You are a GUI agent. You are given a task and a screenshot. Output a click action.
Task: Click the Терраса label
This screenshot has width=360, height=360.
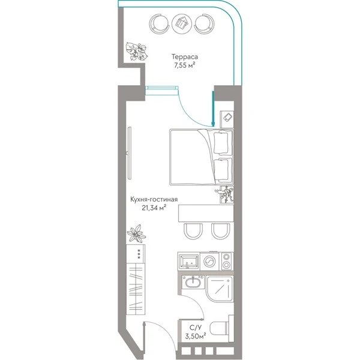pos(185,57)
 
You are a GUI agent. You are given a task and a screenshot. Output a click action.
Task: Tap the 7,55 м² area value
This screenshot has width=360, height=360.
pos(185,65)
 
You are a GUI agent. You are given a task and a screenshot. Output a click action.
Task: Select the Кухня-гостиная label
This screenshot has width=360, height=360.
pos(154,199)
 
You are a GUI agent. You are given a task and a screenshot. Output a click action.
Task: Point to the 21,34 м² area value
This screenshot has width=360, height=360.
pos(154,208)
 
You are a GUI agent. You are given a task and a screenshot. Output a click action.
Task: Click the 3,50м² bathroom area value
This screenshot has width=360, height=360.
pos(196,337)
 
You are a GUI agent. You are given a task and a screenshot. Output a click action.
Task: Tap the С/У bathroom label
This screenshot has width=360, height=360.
pos(194,327)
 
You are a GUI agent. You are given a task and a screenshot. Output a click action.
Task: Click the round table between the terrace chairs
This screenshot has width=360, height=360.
pos(182,23)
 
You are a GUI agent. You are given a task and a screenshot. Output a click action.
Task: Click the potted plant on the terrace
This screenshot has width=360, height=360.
pos(137,52)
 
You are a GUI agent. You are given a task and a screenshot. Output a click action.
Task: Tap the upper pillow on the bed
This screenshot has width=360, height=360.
pos(221,143)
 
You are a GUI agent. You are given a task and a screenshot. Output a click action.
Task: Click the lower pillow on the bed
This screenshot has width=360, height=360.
pos(221,170)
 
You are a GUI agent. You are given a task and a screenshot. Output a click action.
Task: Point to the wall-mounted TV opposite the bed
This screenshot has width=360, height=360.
pos(129,153)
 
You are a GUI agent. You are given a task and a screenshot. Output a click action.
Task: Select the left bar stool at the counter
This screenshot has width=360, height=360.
pos(193,231)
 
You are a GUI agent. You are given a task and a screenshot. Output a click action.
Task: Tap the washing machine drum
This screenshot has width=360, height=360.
pos(209,261)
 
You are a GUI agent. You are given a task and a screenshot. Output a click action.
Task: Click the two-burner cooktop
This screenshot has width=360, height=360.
pos(227,261)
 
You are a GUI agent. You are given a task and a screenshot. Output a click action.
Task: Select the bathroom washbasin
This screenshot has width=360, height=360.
pos(193,283)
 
